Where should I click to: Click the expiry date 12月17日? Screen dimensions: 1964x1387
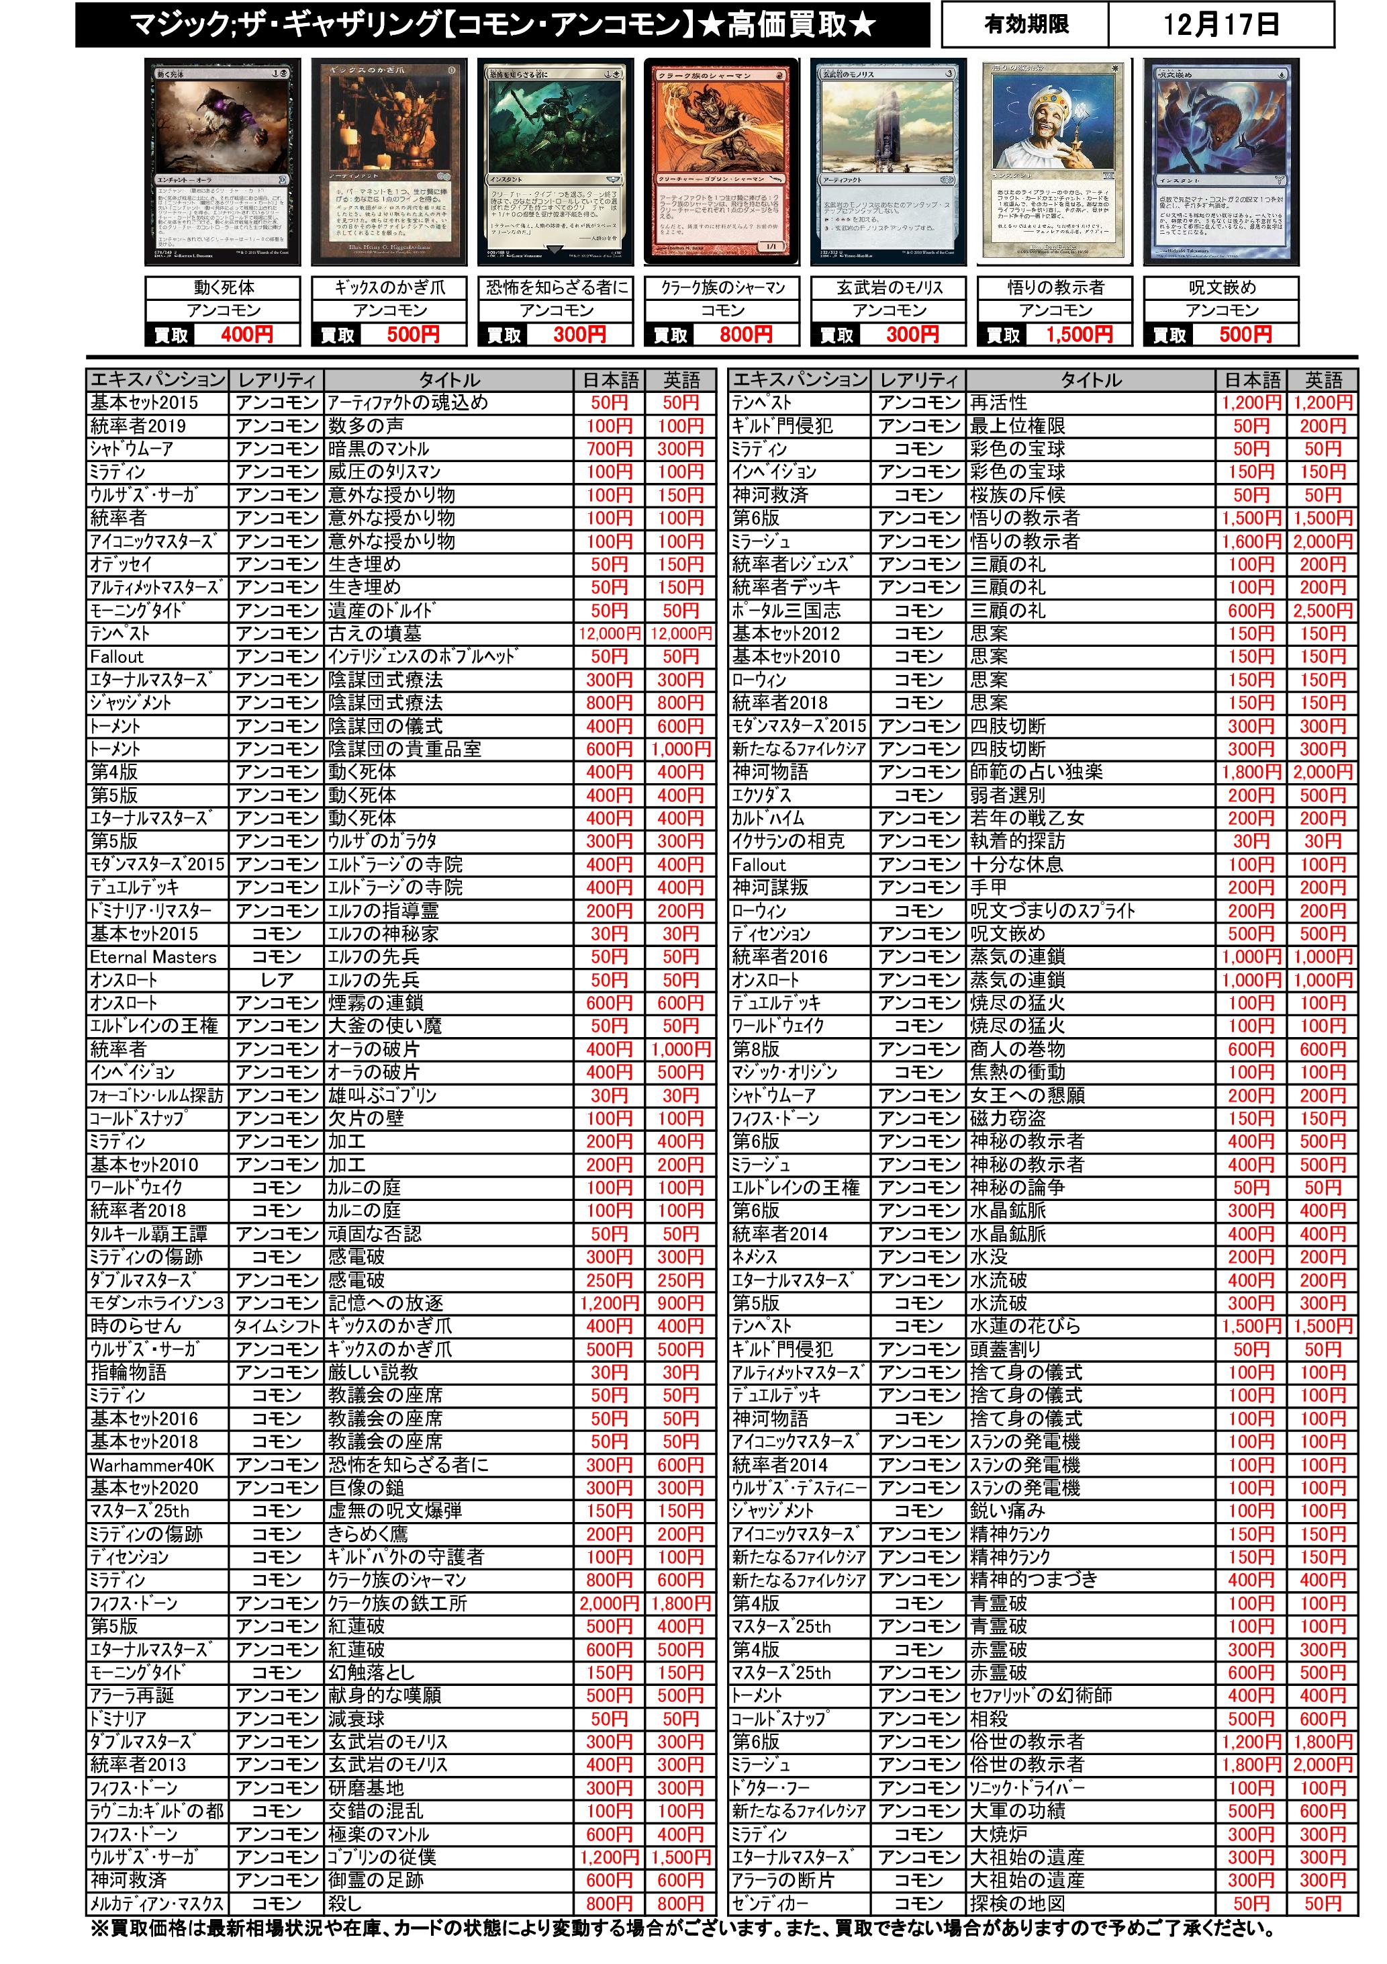pos(1221,24)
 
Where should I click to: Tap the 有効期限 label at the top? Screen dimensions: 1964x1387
pos(1025,24)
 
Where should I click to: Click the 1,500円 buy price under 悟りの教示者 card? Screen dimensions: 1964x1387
pos(1079,334)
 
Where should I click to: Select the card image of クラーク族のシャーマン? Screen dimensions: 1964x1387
pos(722,163)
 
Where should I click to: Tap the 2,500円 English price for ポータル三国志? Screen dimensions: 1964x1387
pos(1321,611)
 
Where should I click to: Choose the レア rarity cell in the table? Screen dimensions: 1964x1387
pos(276,980)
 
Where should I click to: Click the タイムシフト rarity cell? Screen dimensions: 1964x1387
pos(276,1327)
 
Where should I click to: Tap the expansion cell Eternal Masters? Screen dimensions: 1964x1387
pos(154,957)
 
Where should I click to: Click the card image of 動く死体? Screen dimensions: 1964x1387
pos(222,163)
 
